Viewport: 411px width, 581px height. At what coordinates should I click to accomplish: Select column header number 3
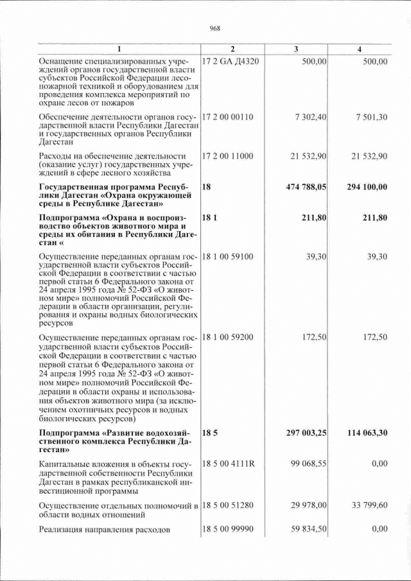click(x=295, y=49)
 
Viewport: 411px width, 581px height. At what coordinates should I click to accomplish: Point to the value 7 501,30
click(x=372, y=118)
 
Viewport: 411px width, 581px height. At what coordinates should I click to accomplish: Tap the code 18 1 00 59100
click(x=229, y=256)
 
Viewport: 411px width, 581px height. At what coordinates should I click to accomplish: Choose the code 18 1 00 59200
click(x=229, y=337)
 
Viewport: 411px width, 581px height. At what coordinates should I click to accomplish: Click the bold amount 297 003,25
click(x=306, y=433)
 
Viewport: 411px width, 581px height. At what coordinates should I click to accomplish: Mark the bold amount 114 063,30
click(x=364, y=433)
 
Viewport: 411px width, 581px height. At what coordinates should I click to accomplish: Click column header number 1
click(x=119, y=49)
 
